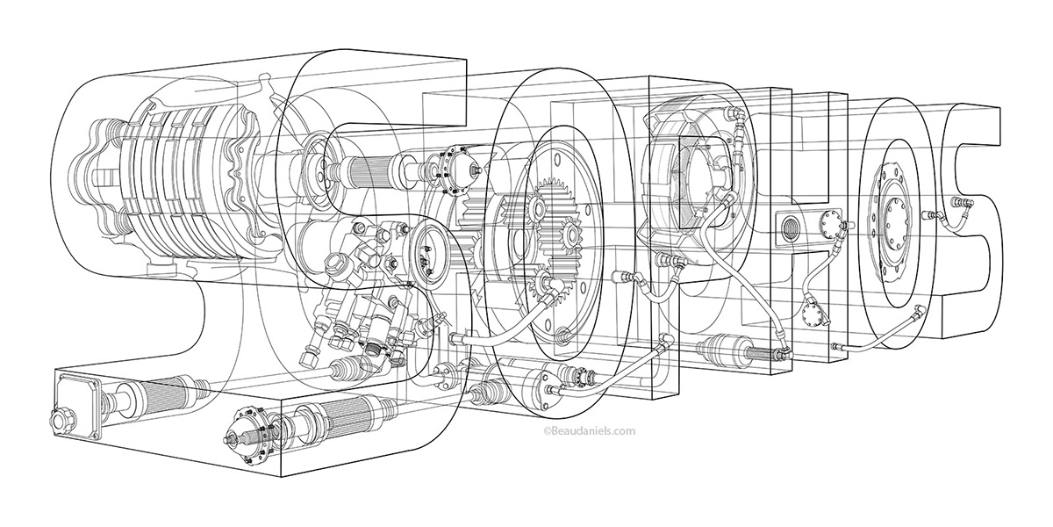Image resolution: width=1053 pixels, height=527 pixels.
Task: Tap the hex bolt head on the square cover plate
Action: (x=63, y=419)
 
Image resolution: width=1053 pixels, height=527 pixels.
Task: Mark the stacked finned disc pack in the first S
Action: (x=180, y=189)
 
